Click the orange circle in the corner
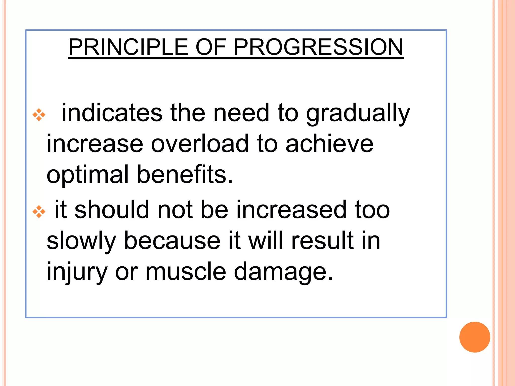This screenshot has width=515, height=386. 475,337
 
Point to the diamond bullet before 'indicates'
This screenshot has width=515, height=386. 39,115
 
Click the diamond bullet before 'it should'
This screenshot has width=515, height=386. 39,212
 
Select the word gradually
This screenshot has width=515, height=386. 358,114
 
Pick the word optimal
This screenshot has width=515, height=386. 88,175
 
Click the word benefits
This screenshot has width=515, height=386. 185,174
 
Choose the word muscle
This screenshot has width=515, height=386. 186,272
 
